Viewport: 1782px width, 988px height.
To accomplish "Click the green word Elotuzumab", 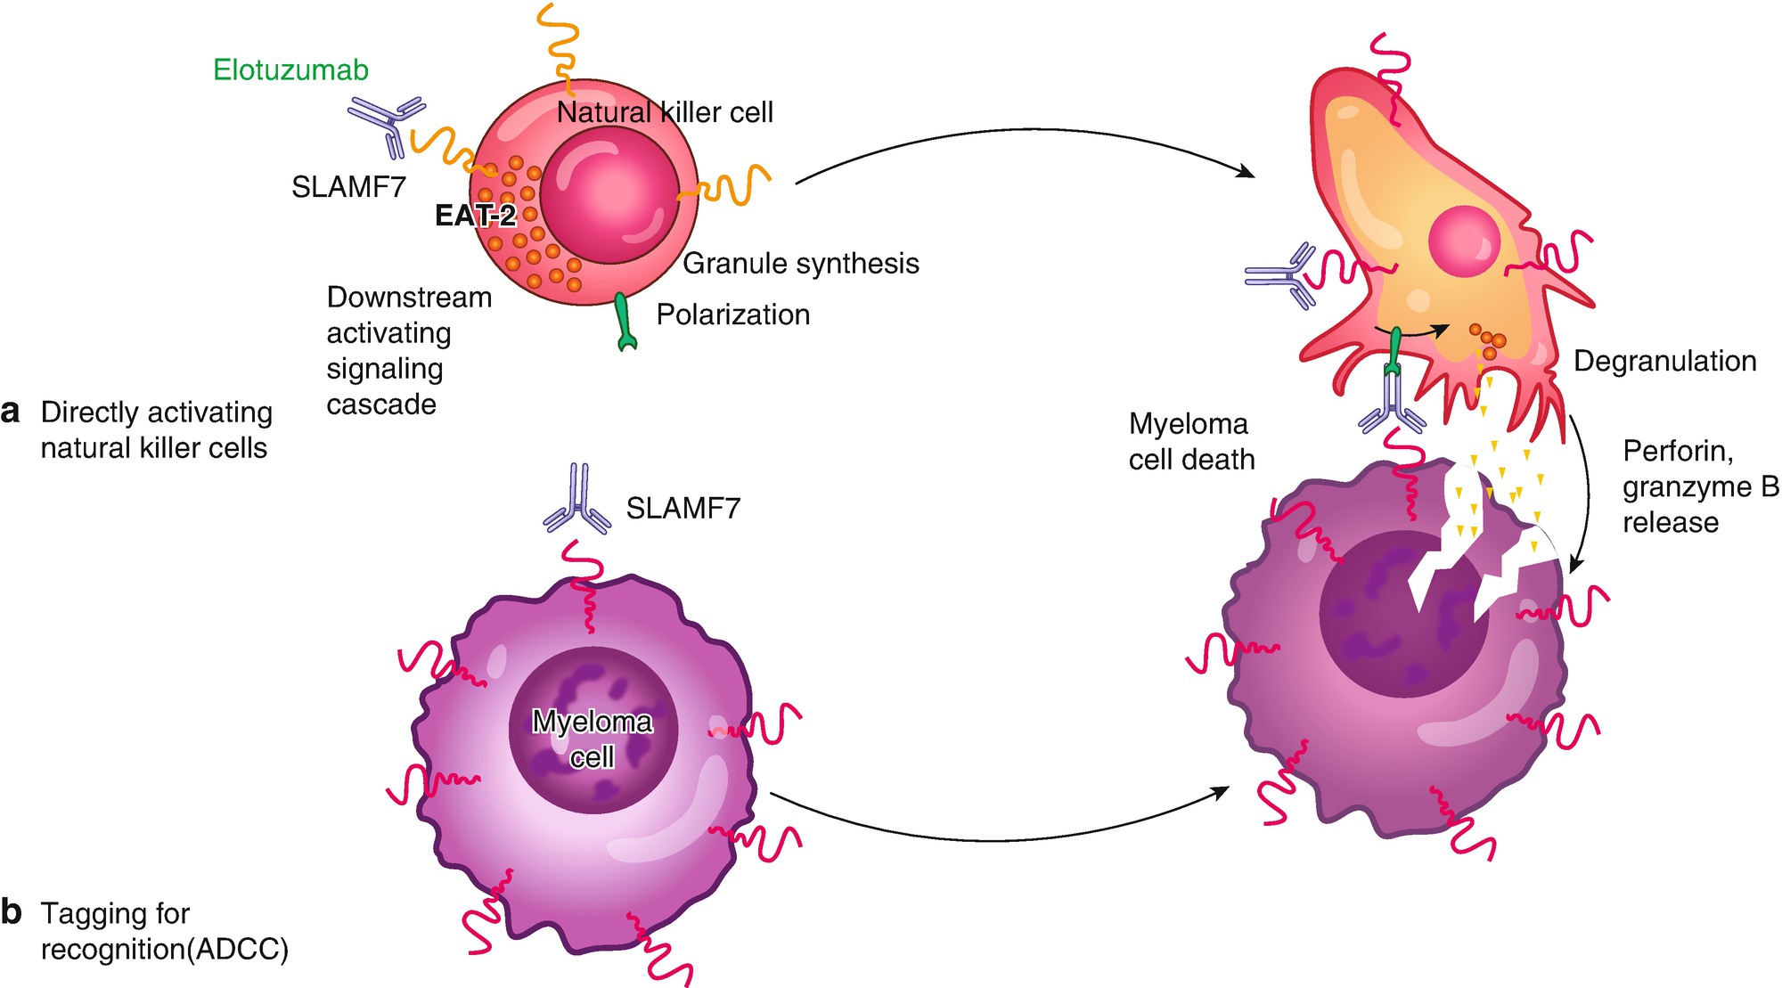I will (290, 69).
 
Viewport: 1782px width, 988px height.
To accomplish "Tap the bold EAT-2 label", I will (475, 216).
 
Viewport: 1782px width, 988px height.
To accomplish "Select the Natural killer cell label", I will (665, 112).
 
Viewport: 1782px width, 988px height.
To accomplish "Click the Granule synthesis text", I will (800, 264).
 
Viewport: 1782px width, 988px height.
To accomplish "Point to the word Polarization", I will (732, 314).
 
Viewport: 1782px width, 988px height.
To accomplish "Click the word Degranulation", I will (1664, 361).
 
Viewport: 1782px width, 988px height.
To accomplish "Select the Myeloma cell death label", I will (1191, 442).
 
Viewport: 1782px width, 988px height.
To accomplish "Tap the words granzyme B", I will (1699, 486).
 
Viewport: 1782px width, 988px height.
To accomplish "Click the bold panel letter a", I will (11, 412).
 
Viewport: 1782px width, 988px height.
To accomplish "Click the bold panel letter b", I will (11, 912).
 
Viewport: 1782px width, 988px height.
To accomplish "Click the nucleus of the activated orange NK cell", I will (1464, 241).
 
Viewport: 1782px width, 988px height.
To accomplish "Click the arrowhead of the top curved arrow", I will (1247, 172).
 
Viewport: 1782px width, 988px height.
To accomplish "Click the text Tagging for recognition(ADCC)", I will (164, 931).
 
